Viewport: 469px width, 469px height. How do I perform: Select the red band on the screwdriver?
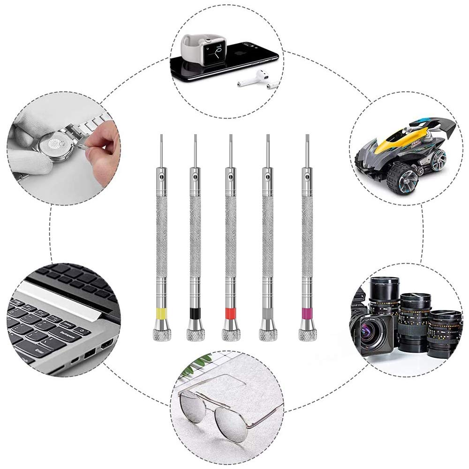tap(229, 313)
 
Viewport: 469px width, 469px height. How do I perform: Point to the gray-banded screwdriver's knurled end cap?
tap(268, 334)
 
